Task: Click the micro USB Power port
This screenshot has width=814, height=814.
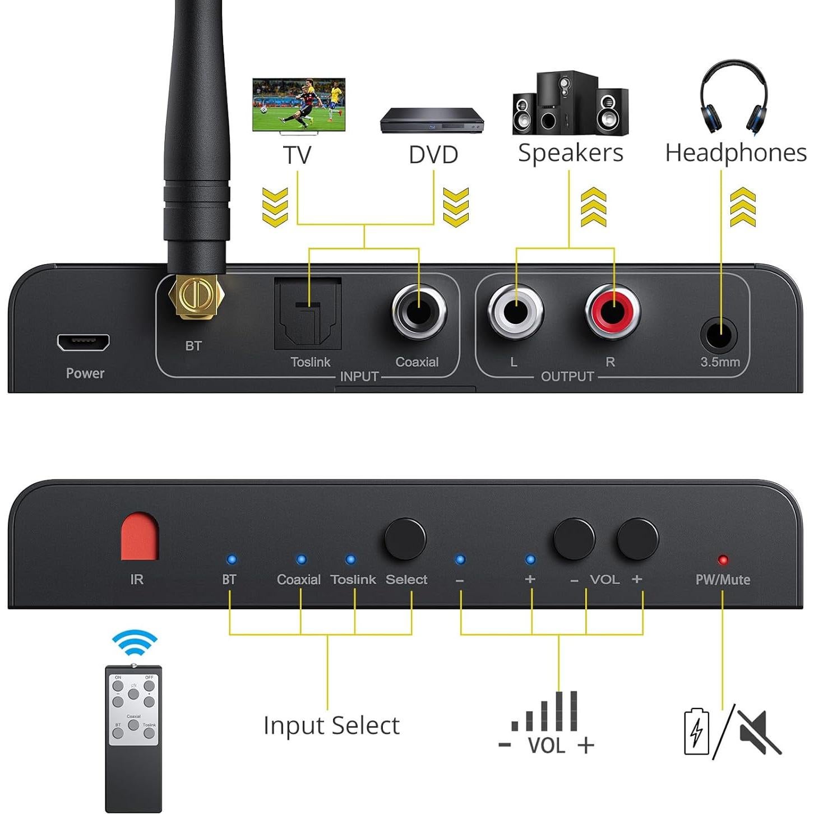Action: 83,342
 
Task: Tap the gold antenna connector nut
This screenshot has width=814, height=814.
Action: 195,297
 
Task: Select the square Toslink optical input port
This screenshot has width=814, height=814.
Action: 308,313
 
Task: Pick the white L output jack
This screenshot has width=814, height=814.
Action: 515,311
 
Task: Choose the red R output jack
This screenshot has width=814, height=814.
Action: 613,311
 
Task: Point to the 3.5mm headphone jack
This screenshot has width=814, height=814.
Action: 719,335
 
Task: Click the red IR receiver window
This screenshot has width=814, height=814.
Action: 140,537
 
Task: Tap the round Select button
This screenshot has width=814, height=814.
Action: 405,539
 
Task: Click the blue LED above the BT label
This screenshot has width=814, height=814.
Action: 230,559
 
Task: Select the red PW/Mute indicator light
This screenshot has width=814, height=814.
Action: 723,560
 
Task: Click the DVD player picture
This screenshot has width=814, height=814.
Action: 432,120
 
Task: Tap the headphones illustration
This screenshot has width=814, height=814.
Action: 733,96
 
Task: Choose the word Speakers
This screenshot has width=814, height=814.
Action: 570,153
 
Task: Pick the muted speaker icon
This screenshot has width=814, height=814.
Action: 758,732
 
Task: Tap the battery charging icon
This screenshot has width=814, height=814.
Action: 696,732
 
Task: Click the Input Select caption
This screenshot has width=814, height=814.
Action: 331,725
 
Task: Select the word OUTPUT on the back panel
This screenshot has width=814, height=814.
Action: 567,376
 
